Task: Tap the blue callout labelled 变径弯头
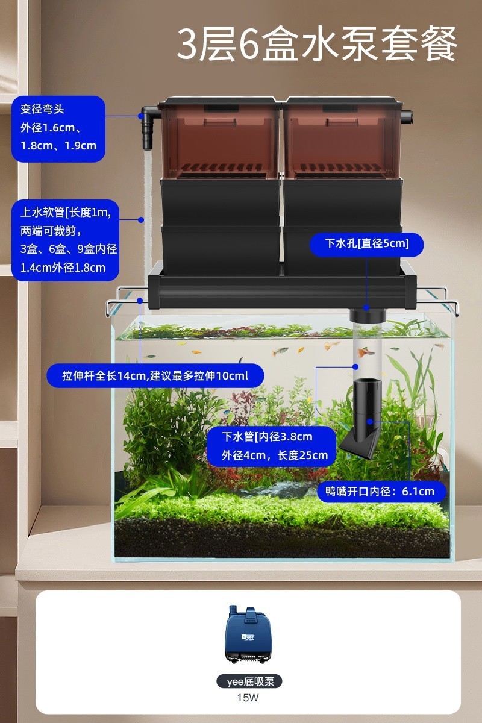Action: (58, 128)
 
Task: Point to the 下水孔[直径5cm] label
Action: (366, 244)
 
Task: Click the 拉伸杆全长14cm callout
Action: (155, 376)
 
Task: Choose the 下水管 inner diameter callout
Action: (269, 446)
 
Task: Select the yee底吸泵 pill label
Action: (249, 681)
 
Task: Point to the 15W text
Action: (249, 698)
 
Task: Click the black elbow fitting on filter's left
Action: (148, 128)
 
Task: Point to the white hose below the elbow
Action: (145, 199)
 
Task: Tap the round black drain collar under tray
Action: (367, 314)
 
